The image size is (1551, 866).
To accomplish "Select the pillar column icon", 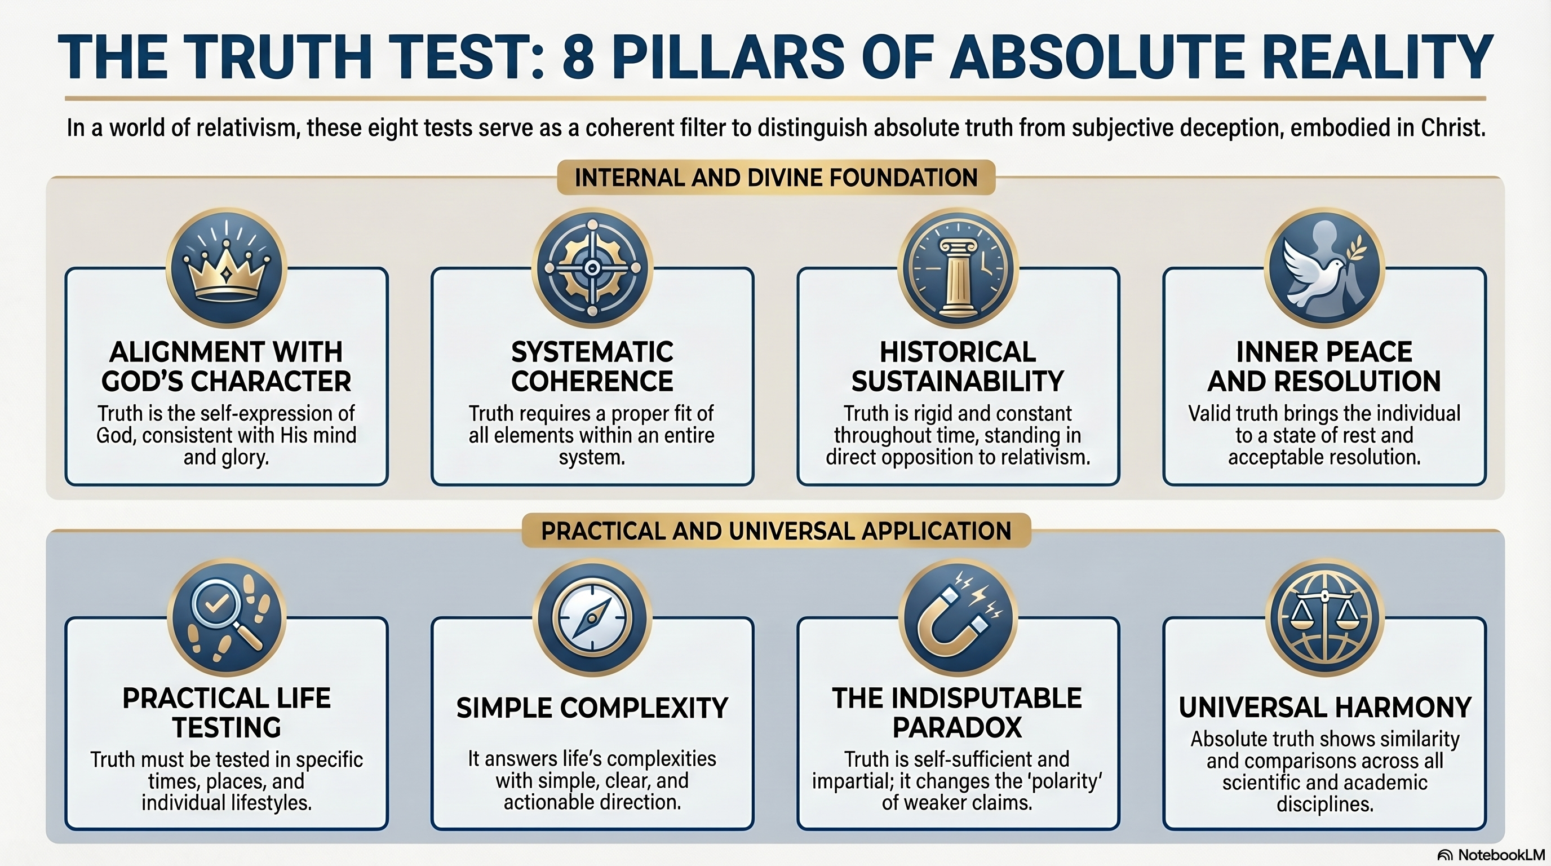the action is pos(958,277).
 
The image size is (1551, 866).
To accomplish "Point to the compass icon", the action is pos(592,618).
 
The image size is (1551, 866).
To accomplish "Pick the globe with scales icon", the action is pos(1324,618).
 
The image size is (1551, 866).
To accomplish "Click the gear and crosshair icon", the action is pos(592,268).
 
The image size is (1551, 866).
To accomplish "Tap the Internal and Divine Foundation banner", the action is pos(776,178).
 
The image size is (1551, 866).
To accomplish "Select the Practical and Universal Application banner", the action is pos(776,531).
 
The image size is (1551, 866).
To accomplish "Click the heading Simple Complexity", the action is pos(592,708).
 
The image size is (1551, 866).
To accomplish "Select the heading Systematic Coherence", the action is pos(592,366).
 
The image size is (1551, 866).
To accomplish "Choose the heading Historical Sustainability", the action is pos(958,366).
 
